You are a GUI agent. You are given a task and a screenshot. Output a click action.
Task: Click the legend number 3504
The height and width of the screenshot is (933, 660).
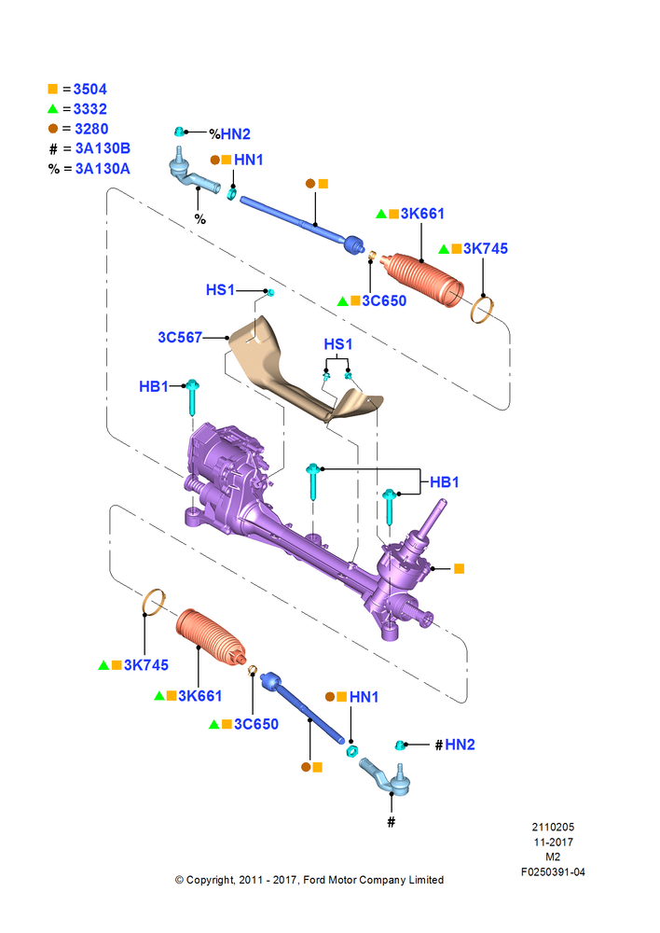point(89,90)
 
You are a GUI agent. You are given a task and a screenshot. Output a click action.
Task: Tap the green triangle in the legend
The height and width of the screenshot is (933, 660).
point(52,109)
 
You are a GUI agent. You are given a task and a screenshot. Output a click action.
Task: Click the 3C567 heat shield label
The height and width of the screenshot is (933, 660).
point(180,336)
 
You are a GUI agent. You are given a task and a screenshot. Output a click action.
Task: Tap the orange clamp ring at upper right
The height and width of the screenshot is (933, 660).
point(483,309)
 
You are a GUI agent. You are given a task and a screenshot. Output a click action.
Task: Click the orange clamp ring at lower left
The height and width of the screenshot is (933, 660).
point(153,602)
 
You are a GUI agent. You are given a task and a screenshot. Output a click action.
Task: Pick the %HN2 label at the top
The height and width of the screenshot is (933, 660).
point(228,134)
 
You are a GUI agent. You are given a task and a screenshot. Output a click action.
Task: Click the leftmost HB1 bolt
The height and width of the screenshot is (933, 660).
point(193,397)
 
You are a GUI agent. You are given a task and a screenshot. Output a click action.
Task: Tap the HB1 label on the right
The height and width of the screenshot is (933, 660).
point(445,482)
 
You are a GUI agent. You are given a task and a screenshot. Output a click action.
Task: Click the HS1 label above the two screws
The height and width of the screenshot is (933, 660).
point(338,344)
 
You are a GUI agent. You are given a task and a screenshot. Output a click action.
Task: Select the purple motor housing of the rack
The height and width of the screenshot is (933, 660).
point(224,466)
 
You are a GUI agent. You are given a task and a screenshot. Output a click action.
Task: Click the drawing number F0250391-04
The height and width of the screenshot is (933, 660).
point(553,872)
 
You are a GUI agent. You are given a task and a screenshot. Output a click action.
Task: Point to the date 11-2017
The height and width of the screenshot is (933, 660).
point(553,842)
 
